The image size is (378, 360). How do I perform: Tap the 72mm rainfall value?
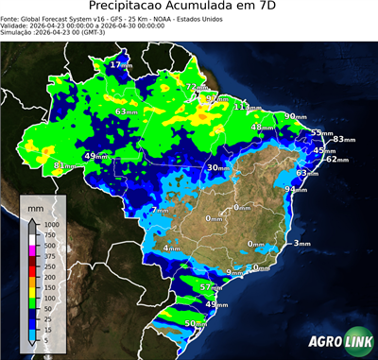tap(196, 87)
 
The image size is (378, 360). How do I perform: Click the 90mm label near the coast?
tap(296, 116)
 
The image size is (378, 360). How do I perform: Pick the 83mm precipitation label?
tap(341, 139)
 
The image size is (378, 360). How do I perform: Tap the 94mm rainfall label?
tap(297, 189)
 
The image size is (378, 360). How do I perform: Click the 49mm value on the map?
tap(96, 156)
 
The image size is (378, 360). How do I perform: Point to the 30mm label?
tap(218, 167)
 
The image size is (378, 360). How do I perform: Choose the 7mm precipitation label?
tap(161, 210)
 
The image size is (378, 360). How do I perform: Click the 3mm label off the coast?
tap(301, 243)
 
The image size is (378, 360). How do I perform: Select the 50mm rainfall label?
tap(195, 323)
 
